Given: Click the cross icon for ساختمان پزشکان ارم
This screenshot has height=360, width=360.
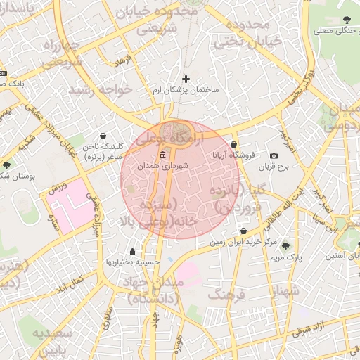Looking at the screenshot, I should click(186, 79).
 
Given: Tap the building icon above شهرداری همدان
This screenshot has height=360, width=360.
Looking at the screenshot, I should click(163, 155).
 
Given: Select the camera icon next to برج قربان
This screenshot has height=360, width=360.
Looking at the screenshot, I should click(274, 155).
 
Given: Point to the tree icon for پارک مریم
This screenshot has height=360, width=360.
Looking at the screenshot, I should click(285, 245).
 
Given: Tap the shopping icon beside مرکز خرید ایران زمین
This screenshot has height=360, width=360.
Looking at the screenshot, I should click(243, 231).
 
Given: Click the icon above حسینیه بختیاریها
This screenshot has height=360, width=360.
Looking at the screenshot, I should click(132, 251).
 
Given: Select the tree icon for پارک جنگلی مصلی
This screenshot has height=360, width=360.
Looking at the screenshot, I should click(346, 20).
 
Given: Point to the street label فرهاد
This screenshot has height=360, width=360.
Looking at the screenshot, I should click(124, 62).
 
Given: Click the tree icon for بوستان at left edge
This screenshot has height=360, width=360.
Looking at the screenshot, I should click(6, 165).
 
